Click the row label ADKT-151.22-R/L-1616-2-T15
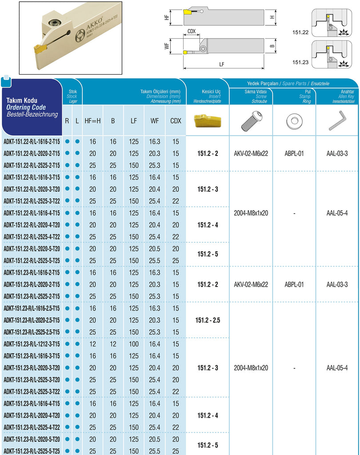32,141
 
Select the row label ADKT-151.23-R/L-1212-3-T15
32,344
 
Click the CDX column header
176,120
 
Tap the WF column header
155,120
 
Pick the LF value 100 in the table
134,344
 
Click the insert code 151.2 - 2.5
208,320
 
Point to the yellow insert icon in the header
208,120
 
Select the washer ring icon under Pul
293,120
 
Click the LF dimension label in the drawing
222,64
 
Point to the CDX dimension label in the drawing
192,32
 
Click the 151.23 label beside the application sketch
300,62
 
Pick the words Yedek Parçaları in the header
262,84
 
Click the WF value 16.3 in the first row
155,141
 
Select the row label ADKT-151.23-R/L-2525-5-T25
32,451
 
